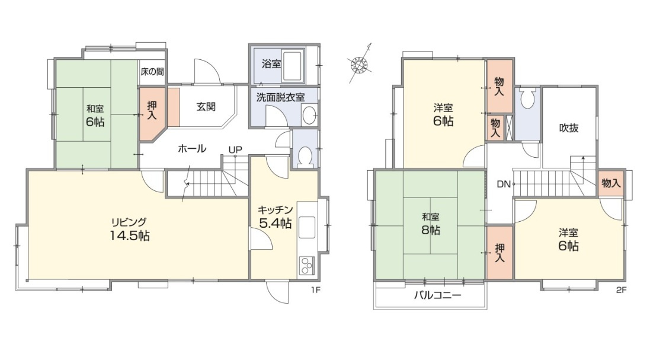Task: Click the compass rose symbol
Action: pos(360,64)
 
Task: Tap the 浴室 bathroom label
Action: pos(271,64)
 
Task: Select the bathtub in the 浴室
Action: pos(293,66)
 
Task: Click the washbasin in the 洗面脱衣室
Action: pos(309,116)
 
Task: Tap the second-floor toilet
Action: pos(527,98)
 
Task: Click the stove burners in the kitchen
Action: pos(307,266)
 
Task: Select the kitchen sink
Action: pos(307,227)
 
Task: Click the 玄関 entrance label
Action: pos(206,107)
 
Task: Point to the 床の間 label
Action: pos(152,71)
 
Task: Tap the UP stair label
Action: pos(235,149)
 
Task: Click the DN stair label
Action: pos(504,184)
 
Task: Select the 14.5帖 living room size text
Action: pos(129,235)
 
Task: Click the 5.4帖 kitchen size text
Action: pos(276,223)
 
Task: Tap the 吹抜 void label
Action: pos(569,128)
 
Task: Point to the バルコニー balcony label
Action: pos(438,295)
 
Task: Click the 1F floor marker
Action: pos(316,290)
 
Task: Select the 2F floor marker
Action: pos(621,290)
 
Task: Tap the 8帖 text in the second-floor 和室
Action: pos(431,230)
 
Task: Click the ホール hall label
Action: pos(192,148)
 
